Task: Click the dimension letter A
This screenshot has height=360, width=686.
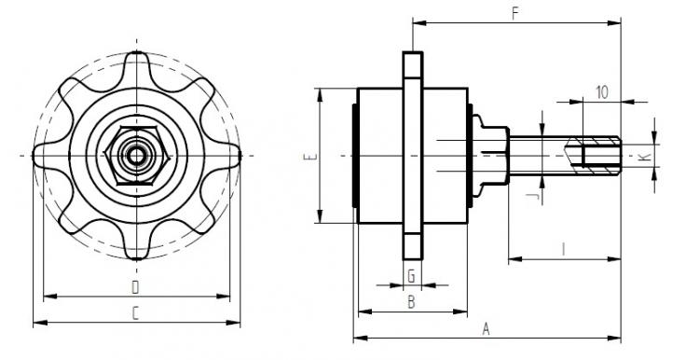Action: point(486,328)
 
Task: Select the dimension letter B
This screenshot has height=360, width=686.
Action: point(411,302)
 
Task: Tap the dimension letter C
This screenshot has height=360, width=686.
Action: point(136,313)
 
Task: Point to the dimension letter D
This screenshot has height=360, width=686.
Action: point(136,287)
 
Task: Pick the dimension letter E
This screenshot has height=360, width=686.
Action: point(308,157)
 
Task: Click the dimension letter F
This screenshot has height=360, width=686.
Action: point(515,14)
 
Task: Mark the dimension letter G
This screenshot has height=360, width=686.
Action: point(411,276)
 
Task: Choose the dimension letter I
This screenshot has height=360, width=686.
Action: point(564,250)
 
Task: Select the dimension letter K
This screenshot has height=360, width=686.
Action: point(644,157)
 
